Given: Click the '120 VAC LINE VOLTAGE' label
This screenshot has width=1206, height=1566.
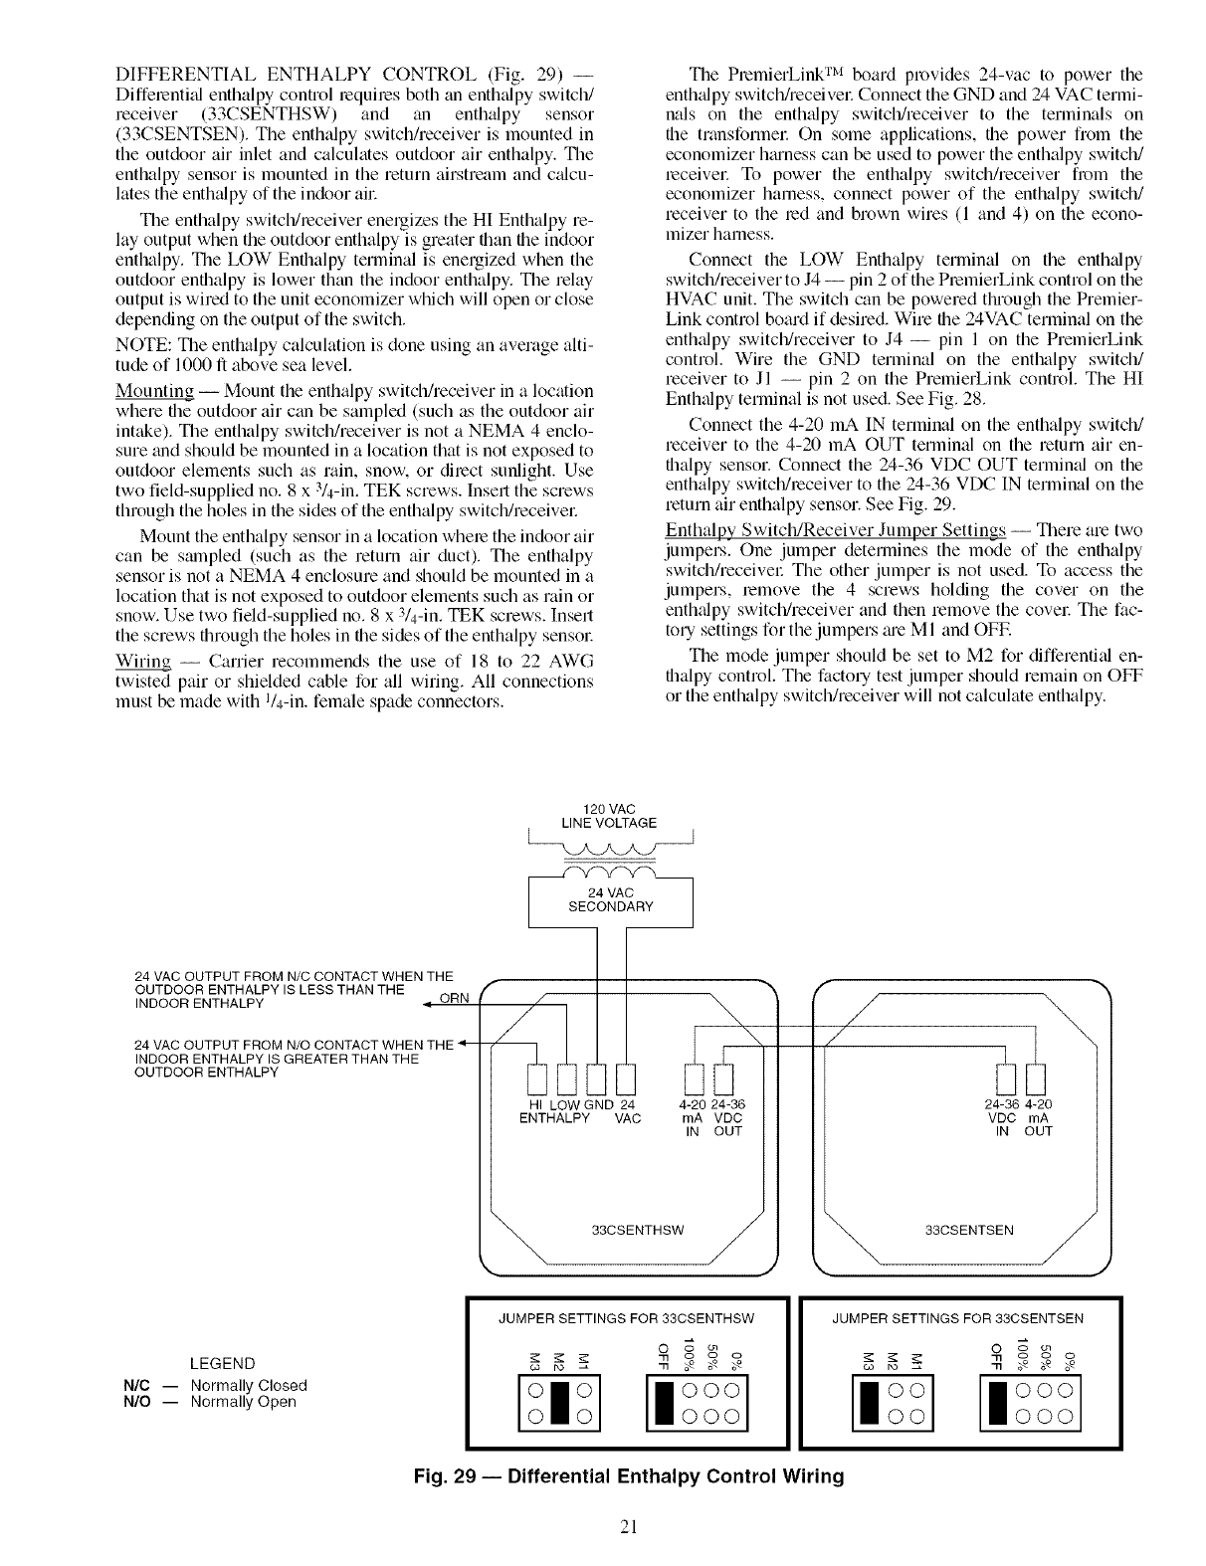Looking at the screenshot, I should coord(609,814).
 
